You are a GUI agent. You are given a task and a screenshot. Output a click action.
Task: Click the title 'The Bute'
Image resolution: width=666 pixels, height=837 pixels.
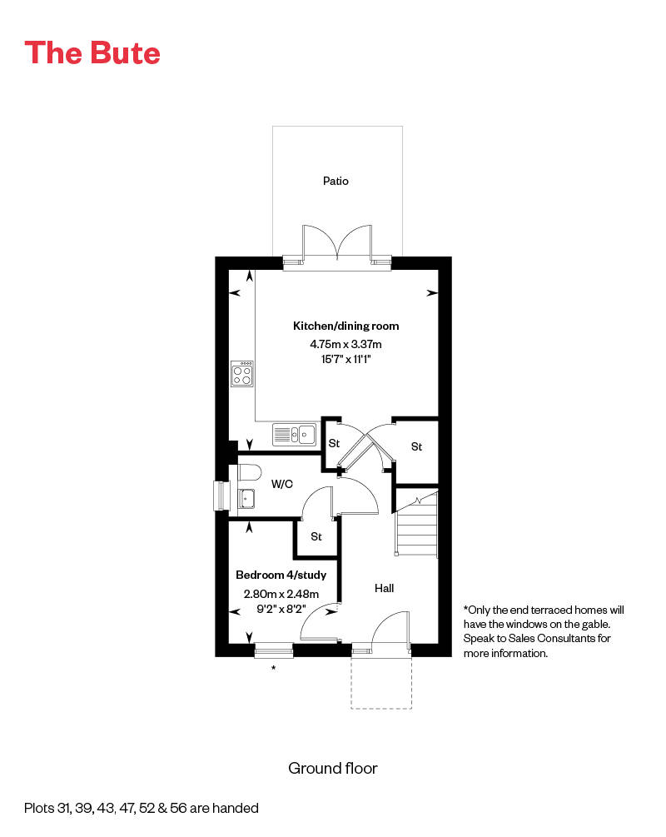92,52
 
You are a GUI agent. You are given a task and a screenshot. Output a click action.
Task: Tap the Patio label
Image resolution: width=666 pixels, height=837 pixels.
336,181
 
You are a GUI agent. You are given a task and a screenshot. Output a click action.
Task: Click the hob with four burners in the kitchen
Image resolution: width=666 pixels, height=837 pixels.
242,372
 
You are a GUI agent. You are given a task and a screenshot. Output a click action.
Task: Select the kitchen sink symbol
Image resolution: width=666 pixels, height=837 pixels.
294,434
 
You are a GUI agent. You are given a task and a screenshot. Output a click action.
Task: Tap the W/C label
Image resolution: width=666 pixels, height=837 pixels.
281,483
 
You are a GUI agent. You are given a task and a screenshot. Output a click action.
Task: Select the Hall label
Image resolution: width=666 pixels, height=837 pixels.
384,588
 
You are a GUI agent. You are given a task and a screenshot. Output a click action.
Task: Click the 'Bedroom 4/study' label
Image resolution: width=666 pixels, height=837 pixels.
281,575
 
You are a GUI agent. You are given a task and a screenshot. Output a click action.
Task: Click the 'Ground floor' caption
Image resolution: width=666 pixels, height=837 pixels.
333,768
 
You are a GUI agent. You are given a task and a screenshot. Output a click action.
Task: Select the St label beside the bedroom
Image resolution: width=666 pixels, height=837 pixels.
316,536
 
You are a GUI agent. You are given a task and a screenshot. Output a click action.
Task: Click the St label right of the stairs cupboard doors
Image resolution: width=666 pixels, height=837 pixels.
417,446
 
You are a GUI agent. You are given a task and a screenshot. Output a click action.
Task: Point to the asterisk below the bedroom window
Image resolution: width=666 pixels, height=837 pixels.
273,669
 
